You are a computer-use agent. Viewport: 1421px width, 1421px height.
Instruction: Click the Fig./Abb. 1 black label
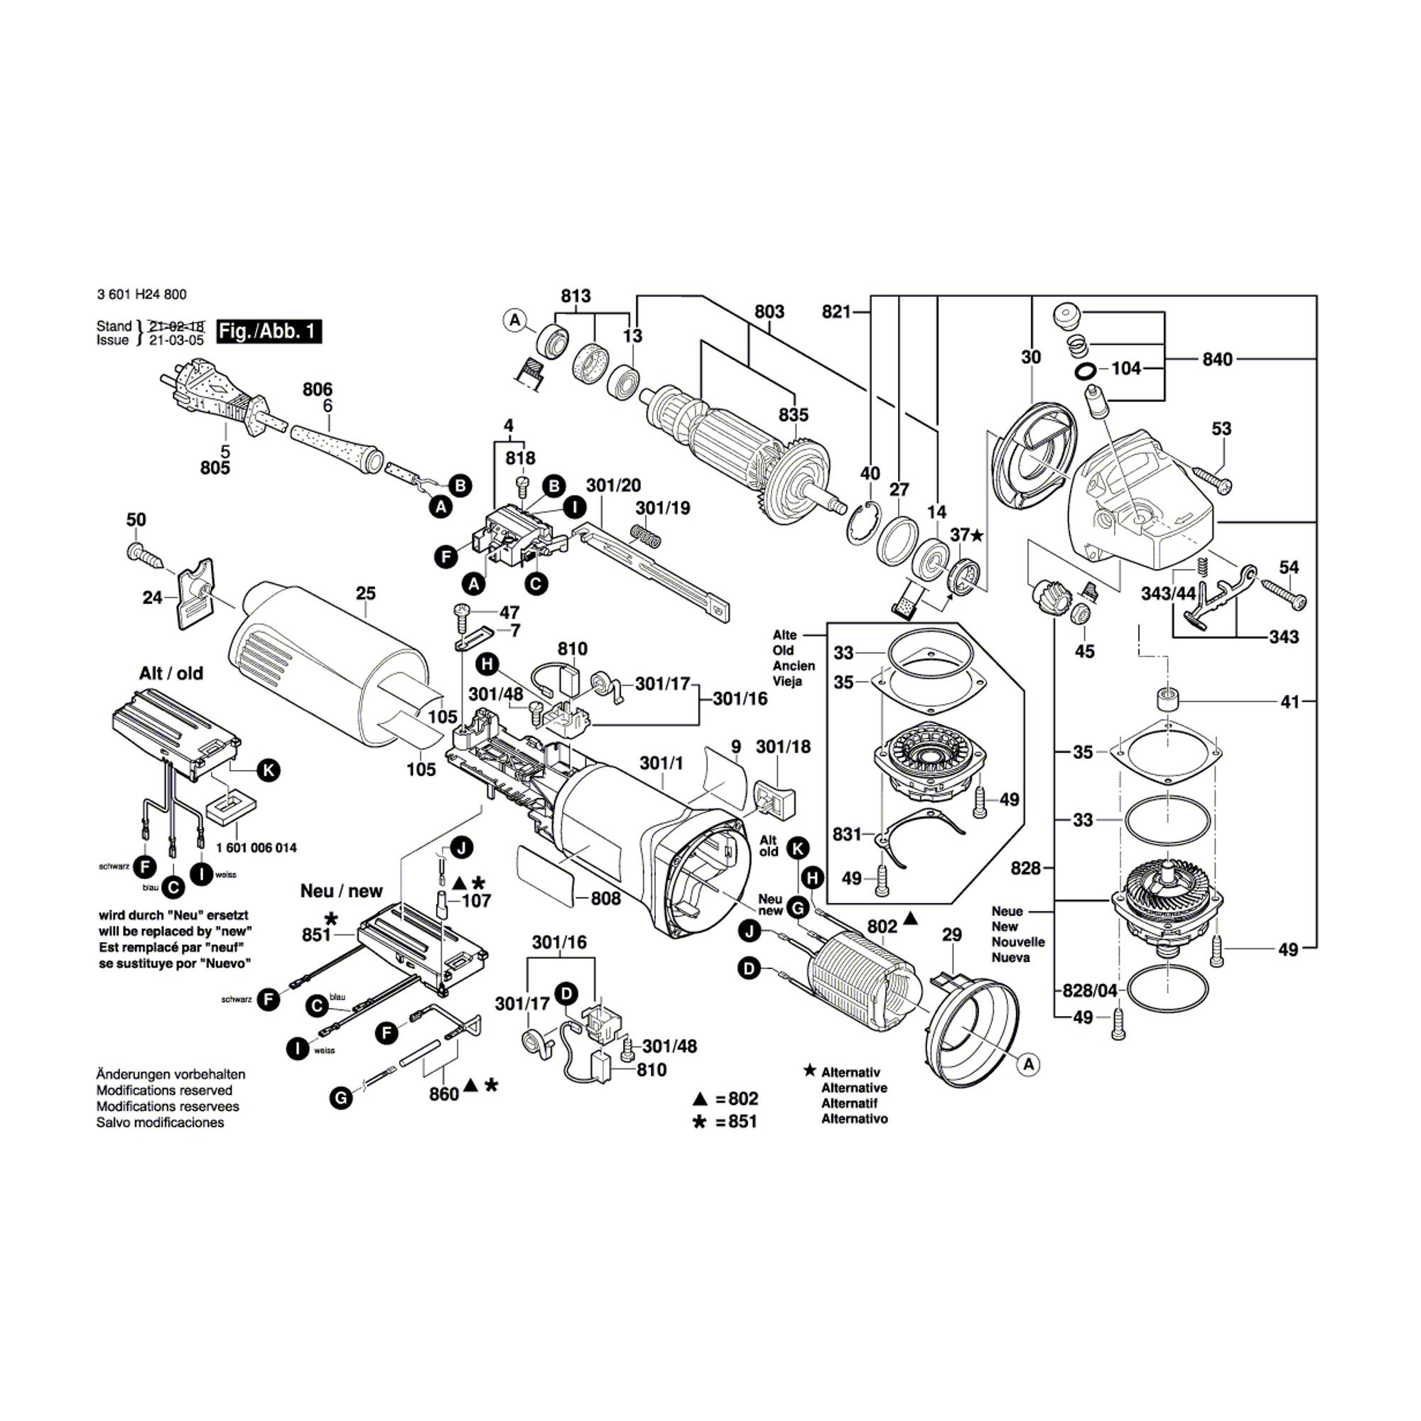tap(269, 331)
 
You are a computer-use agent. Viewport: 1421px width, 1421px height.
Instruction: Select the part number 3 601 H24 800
tap(141, 294)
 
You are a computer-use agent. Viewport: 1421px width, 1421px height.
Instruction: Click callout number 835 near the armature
tap(794, 415)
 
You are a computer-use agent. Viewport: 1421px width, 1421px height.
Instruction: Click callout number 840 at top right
tap(1217, 359)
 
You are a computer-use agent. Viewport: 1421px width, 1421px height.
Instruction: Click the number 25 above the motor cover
tap(365, 593)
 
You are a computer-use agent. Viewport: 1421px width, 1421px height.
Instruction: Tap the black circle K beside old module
tap(269, 770)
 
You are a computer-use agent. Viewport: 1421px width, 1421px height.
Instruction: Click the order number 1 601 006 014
tap(256, 848)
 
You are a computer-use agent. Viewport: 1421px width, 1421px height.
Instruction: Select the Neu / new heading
tap(341, 891)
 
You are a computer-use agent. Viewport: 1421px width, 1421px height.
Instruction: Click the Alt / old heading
tap(171, 673)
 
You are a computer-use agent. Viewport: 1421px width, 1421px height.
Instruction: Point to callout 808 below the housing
tap(605, 898)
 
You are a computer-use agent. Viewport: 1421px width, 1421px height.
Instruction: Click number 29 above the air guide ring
tap(951, 934)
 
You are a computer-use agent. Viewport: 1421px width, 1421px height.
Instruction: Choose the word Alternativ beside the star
tap(850, 1072)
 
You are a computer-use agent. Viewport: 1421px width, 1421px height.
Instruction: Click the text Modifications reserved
tap(164, 1090)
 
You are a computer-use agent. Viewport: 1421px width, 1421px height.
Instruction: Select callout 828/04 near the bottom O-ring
tap(1089, 990)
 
